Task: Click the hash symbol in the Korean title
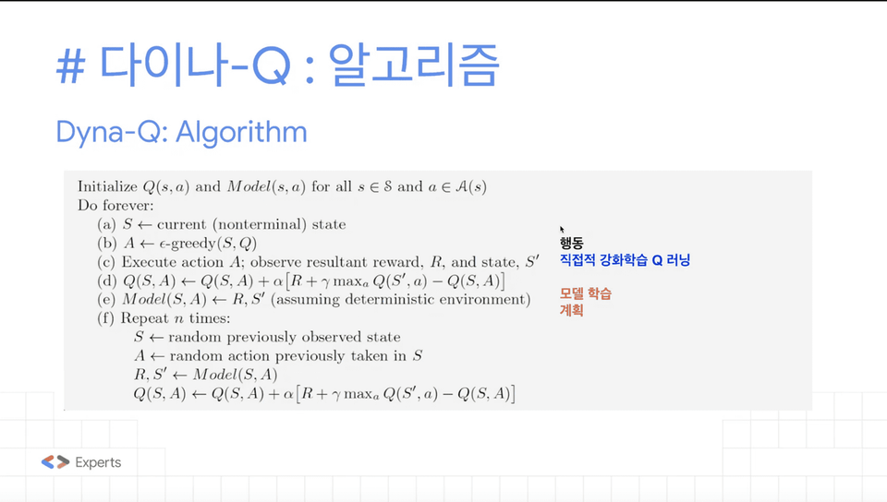point(71,66)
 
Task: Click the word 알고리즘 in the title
point(414,65)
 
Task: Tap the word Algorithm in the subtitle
point(241,132)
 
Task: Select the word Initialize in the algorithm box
point(107,187)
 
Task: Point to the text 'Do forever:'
point(115,206)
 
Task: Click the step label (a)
point(106,225)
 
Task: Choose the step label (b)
point(107,244)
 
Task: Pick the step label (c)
point(105,262)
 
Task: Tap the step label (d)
point(107,281)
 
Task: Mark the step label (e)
point(105,299)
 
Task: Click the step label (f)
point(105,318)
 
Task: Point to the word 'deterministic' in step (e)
point(383,299)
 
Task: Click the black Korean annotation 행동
point(571,244)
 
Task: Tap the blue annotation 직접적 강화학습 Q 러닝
point(626,260)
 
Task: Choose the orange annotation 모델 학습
point(586,293)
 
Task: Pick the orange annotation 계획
point(571,311)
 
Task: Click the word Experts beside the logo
point(98,462)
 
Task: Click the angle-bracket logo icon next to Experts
point(55,462)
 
